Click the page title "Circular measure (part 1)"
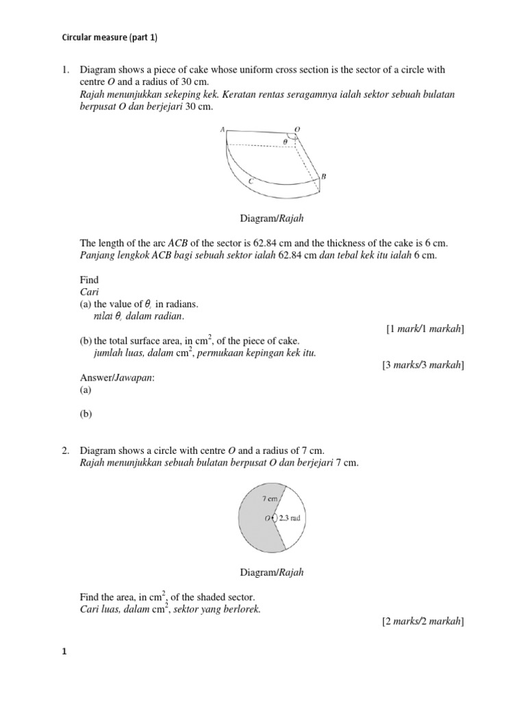110,38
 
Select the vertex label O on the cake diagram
297,129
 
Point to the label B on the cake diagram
323,176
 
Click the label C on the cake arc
252,181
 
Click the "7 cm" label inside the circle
269,500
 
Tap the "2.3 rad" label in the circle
290,518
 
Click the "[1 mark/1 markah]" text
425,329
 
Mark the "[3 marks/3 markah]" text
423,365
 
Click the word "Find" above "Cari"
89,279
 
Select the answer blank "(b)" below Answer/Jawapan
86,413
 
